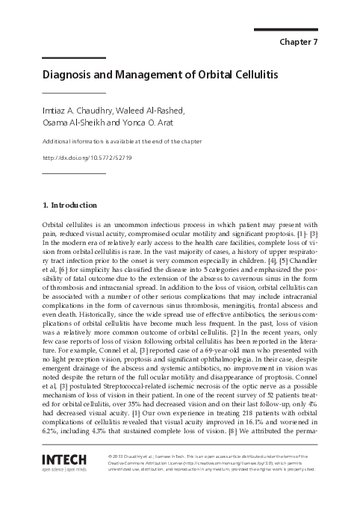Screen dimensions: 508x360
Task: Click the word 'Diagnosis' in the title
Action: click(69, 75)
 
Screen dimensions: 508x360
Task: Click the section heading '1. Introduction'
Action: click(69, 205)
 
